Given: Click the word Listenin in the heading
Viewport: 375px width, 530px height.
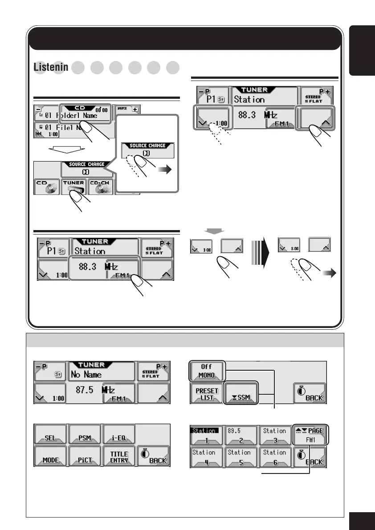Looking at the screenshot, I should point(50,67).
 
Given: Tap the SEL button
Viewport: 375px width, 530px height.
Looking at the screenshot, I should point(50,434).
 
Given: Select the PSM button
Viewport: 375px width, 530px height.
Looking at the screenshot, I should point(85,434).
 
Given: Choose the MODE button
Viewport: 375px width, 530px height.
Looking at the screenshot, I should point(50,456).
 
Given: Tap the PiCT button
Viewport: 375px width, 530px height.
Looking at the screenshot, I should point(85,456).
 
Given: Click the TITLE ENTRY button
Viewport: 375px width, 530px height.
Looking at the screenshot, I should point(119,456).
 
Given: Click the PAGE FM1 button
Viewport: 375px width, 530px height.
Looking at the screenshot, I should point(310,434).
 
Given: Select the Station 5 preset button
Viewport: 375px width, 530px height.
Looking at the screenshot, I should point(240,456).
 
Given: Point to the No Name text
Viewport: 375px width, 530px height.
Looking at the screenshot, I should point(87,375).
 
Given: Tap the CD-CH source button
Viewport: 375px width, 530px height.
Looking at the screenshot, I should point(101,186).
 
